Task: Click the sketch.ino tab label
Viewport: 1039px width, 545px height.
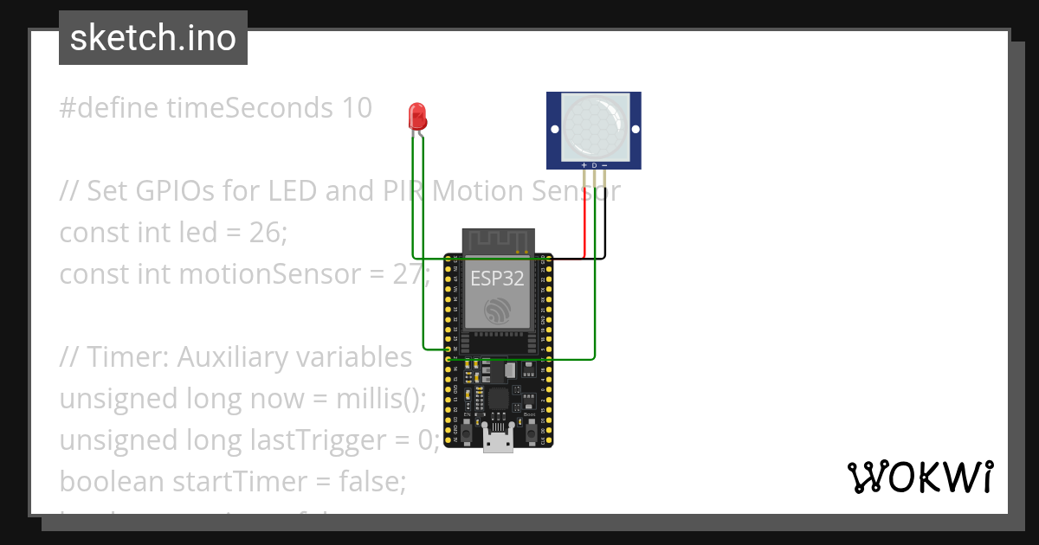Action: point(152,38)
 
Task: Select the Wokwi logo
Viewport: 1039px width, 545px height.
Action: point(920,477)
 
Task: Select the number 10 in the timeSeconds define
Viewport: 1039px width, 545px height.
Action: point(355,108)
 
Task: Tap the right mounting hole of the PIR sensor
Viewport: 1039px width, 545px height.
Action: point(636,130)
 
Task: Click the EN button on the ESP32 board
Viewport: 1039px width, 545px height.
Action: point(468,429)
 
